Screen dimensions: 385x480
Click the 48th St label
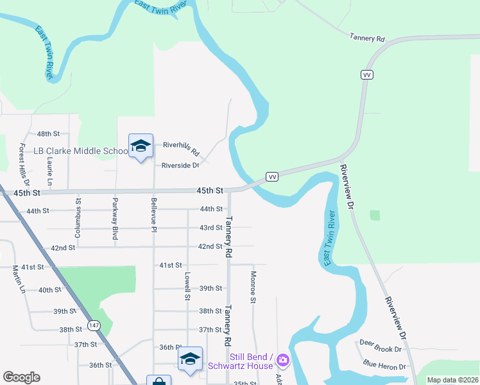pyautogui.click(x=48, y=133)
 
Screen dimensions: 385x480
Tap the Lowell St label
pyautogui.click(x=187, y=286)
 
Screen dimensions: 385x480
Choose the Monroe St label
pyautogui.click(x=253, y=287)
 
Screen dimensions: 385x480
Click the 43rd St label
pyautogui.click(x=210, y=228)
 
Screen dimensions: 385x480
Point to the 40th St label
pyautogui.click(x=49, y=290)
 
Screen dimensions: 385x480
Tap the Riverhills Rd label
pyautogui.click(x=181, y=149)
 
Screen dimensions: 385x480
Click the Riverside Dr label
pyautogui.click(x=180, y=165)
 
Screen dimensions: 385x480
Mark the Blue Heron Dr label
pyautogui.click(x=384, y=367)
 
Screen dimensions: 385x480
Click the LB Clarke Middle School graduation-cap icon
pyautogui.click(x=141, y=146)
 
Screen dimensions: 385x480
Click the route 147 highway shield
pyautogui.click(x=94, y=325)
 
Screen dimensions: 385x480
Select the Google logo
pyautogui.click(x=21, y=377)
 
